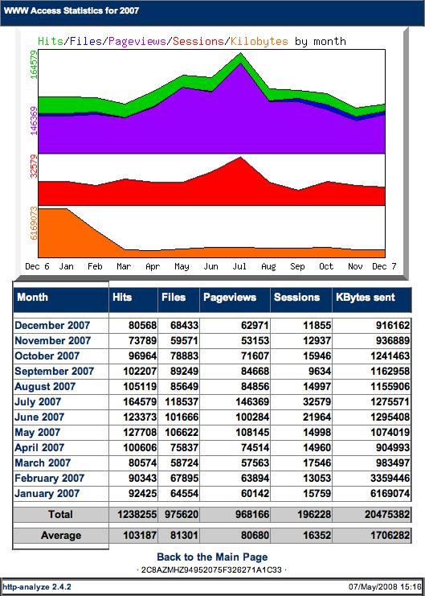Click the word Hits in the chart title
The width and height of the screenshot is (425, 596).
coord(51,41)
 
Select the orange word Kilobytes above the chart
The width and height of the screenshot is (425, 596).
coord(259,41)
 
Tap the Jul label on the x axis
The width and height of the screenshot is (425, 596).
coord(239,266)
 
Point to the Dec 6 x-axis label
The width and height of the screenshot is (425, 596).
coord(37,266)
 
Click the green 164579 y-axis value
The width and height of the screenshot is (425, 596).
coord(34,64)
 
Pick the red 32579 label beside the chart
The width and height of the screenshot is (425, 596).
coord(34,166)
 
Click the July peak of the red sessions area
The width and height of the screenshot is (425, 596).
coord(240,157)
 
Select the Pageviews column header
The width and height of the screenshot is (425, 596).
coord(230,298)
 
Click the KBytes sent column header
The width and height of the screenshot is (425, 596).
coord(366,298)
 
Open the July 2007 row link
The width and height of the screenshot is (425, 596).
coord(38,402)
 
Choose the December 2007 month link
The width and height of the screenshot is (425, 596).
coord(52,326)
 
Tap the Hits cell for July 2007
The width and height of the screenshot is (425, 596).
coord(140,402)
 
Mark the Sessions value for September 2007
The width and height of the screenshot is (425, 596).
coord(317,372)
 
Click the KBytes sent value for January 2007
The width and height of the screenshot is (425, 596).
coord(387,493)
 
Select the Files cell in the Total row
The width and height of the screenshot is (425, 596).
coord(181,515)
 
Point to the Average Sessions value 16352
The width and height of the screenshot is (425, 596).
coord(317,536)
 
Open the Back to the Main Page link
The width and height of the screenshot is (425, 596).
coord(212,557)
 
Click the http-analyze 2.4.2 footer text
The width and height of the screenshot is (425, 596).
coord(37,587)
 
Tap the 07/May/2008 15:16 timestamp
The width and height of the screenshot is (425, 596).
coord(386,587)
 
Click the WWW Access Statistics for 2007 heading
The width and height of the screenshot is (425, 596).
coord(71,10)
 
